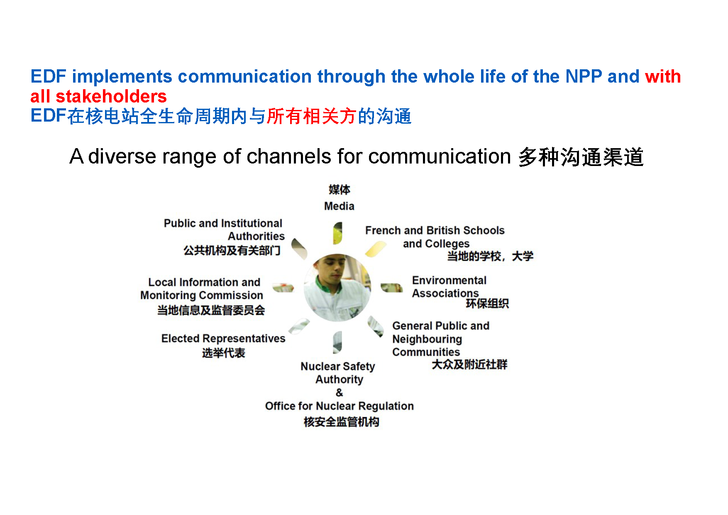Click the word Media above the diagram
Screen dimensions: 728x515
coord(339,206)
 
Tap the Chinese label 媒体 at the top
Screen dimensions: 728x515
coord(340,190)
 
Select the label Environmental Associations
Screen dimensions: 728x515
coord(449,287)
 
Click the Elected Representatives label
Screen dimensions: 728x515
coord(223,339)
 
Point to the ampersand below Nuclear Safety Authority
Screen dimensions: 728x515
coord(340,393)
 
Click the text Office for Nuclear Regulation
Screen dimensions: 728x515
coord(340,406)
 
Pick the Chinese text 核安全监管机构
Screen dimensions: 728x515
coord(341,422)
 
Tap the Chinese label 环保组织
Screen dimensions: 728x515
coord(487,304)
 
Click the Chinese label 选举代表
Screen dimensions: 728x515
coord(224,353)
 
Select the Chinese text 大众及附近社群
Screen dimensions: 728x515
coord(469,365)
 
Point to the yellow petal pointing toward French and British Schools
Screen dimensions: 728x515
coord(376,249)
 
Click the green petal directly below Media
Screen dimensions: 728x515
coord(338,233)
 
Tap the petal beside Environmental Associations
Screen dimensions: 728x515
coord(392,288)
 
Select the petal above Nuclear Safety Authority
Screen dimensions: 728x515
coord(337,342)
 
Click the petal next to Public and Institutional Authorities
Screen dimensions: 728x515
coord(299,249)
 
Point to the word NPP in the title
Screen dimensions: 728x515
coord(584,76)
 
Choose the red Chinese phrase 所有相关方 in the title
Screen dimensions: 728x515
coord(312,116)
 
